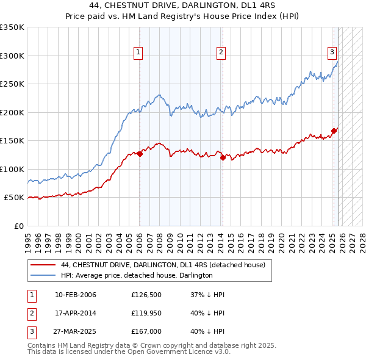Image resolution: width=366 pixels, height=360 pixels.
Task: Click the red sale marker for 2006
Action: pos(140,154)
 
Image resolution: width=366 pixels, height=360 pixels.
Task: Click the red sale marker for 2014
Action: pos(223,158)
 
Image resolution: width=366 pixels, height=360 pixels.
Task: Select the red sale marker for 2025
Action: pos(334,131)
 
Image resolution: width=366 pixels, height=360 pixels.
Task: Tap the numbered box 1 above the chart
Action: pos(139,53)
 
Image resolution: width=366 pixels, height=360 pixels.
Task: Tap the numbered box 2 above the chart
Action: pos(220,53)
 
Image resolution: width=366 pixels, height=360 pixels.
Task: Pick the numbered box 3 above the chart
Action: pos(332,53)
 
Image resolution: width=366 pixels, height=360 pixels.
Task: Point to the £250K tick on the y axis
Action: pos(12,84)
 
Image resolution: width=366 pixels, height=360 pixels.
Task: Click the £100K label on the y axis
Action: pos(12,169)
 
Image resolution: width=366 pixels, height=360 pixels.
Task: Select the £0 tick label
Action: pos(18,226)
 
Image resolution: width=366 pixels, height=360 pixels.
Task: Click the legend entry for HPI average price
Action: pos(136,276)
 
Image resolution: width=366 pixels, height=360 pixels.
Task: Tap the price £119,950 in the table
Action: pos(146,313)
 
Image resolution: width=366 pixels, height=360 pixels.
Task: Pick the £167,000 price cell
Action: pos(146,331)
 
